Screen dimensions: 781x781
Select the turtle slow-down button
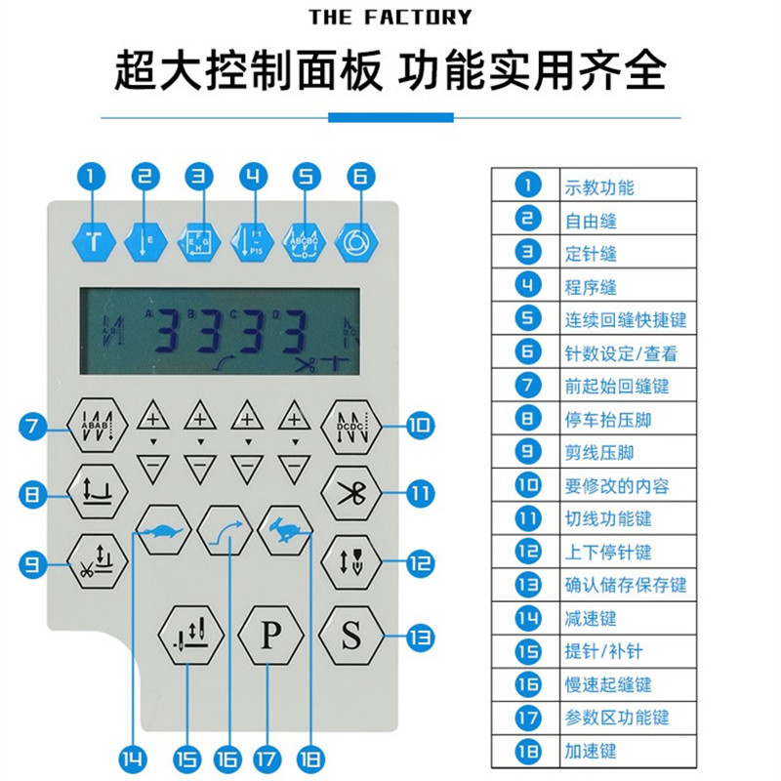click(162, 531)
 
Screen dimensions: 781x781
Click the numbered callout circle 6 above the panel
click(359, 177)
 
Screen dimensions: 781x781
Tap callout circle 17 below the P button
click(264, 758)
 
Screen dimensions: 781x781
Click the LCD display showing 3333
click(220, 332)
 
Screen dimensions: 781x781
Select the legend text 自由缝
click(591, 221)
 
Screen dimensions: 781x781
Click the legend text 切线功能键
click(607, 519)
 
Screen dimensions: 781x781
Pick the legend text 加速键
click(591, 752)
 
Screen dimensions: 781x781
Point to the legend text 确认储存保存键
click(625, 586)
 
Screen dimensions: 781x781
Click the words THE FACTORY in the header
click(390, 17)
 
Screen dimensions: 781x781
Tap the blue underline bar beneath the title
click(390, 117)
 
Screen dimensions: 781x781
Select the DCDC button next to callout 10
click(349, 426)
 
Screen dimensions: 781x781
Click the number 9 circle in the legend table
click(528, 453)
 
